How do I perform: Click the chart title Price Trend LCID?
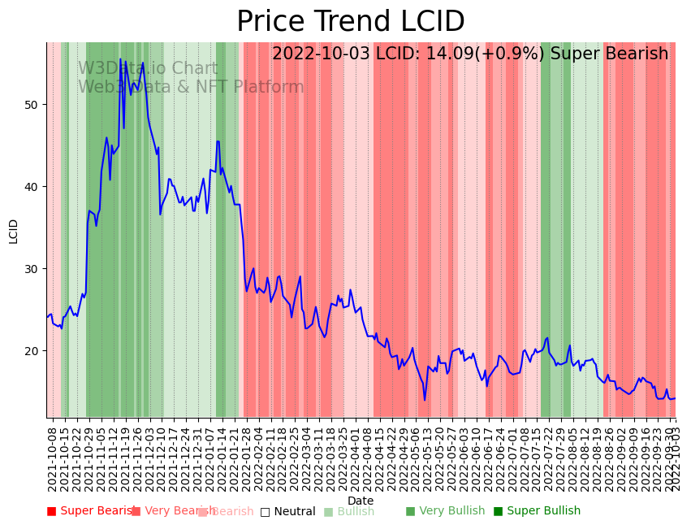click(350, 22)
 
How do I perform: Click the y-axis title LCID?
click(14, 231)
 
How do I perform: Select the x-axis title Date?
click(361, 501)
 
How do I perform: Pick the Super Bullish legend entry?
click(537, 511)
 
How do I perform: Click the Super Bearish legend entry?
click(91, 511)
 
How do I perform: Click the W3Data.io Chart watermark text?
click(148, 69)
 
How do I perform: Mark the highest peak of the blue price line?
click(120, 59)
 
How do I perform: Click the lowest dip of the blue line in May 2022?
click(424, 400)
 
